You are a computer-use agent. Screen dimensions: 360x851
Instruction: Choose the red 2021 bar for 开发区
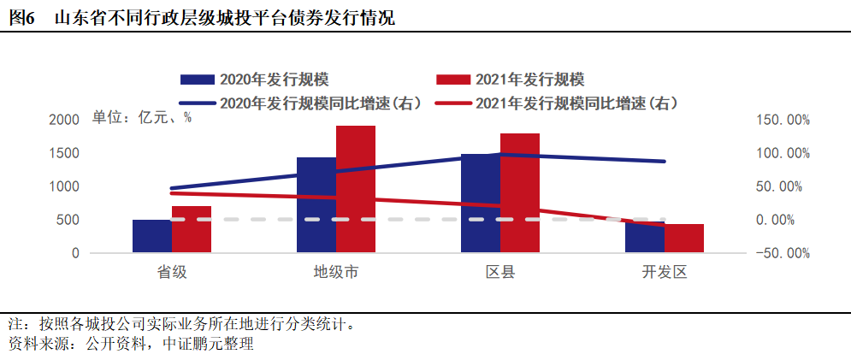click(x=684, y=239)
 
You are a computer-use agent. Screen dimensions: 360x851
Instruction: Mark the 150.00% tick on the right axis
click(x=783, y=120)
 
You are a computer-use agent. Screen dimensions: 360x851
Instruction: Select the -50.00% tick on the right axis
click(x=783, y=253)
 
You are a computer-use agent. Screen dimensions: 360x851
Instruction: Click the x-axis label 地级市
click(x=336, y=274)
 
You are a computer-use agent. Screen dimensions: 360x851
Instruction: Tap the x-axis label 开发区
click(x=665, y=274)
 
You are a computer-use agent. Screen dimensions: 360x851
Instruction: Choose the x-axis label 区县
click(x=500, y=274)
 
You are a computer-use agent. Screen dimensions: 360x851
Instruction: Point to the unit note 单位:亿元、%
click(x=142, y=118)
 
